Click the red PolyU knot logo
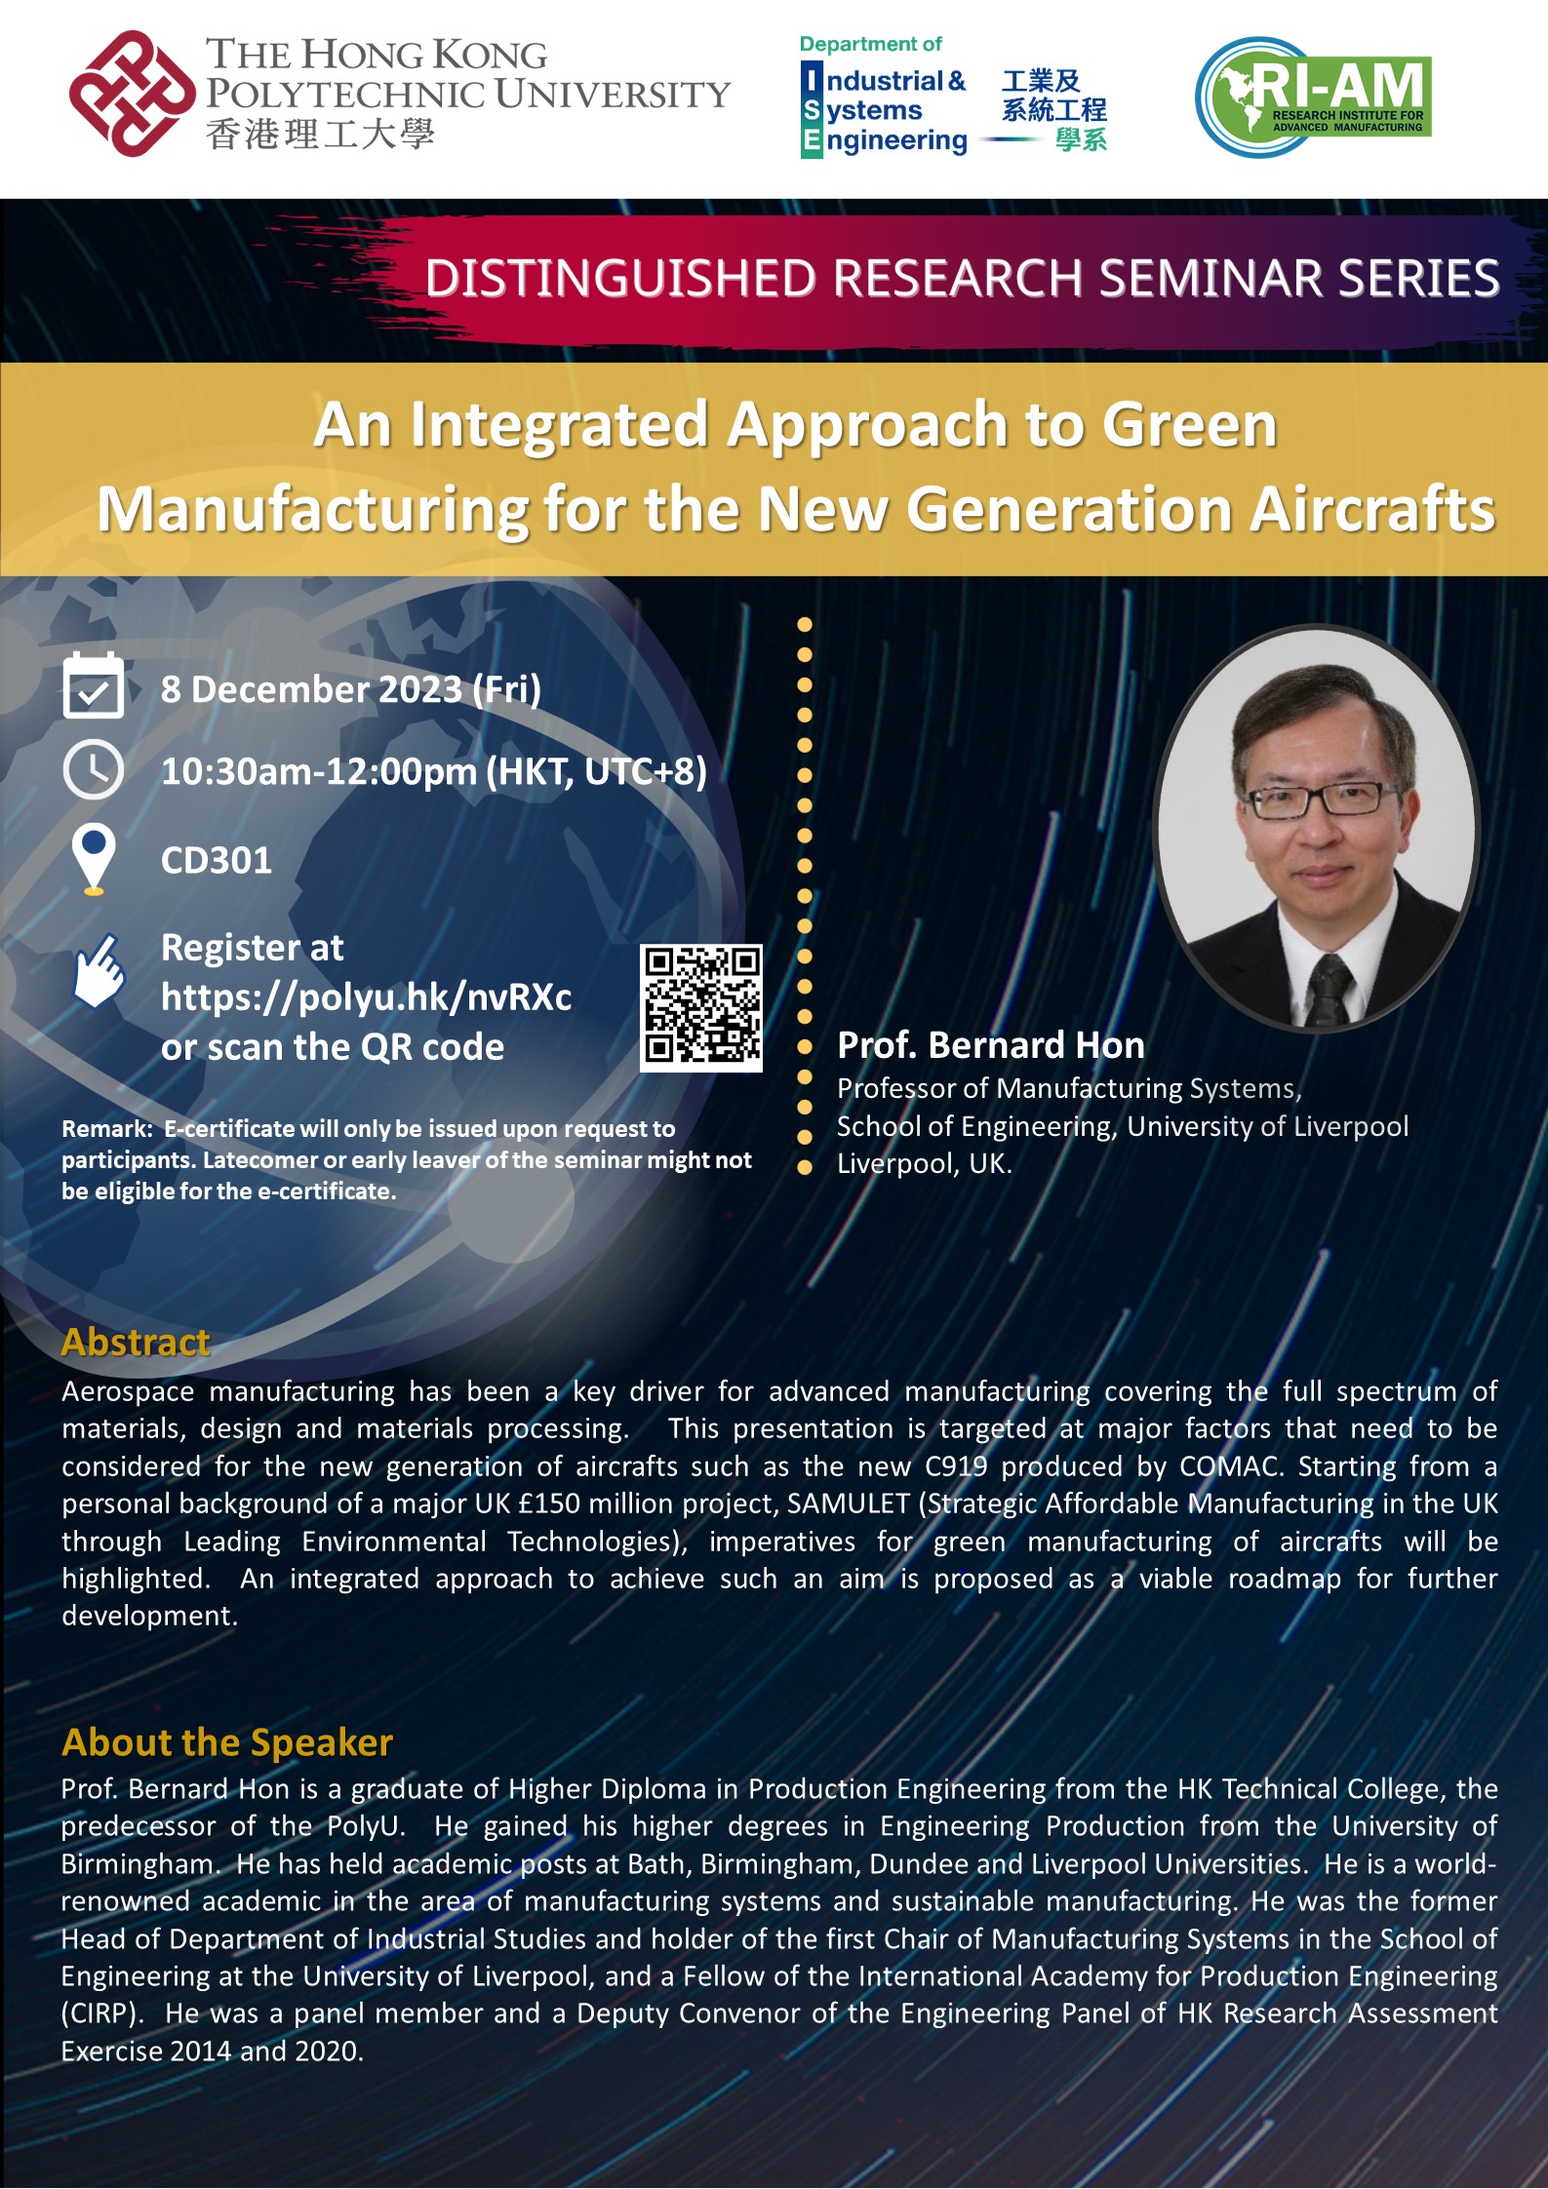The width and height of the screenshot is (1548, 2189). pos(132,94)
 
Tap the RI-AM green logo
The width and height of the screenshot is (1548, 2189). pos(1313,97)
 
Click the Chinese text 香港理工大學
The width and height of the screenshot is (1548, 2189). pos(320,134)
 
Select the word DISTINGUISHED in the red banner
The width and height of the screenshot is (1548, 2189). pos(619,279)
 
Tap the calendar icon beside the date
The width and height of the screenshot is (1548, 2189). pos(93,686)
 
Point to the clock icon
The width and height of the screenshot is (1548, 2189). pos(93,770)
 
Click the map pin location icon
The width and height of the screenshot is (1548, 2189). pos(94,858)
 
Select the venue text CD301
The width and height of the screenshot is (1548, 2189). pos(217,860)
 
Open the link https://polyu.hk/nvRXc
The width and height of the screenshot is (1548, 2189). pos(366,997)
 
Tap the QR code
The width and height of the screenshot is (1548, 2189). pos(700,1008)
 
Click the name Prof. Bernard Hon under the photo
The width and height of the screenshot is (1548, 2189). pos(990,1045)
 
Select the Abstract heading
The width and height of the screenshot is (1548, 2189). pos(136,1342)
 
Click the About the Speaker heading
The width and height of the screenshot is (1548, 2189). pos(227,1741)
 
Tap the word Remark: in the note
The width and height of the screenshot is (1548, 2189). pos(107,1129)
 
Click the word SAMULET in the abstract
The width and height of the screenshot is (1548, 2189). pos(848,1504)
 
